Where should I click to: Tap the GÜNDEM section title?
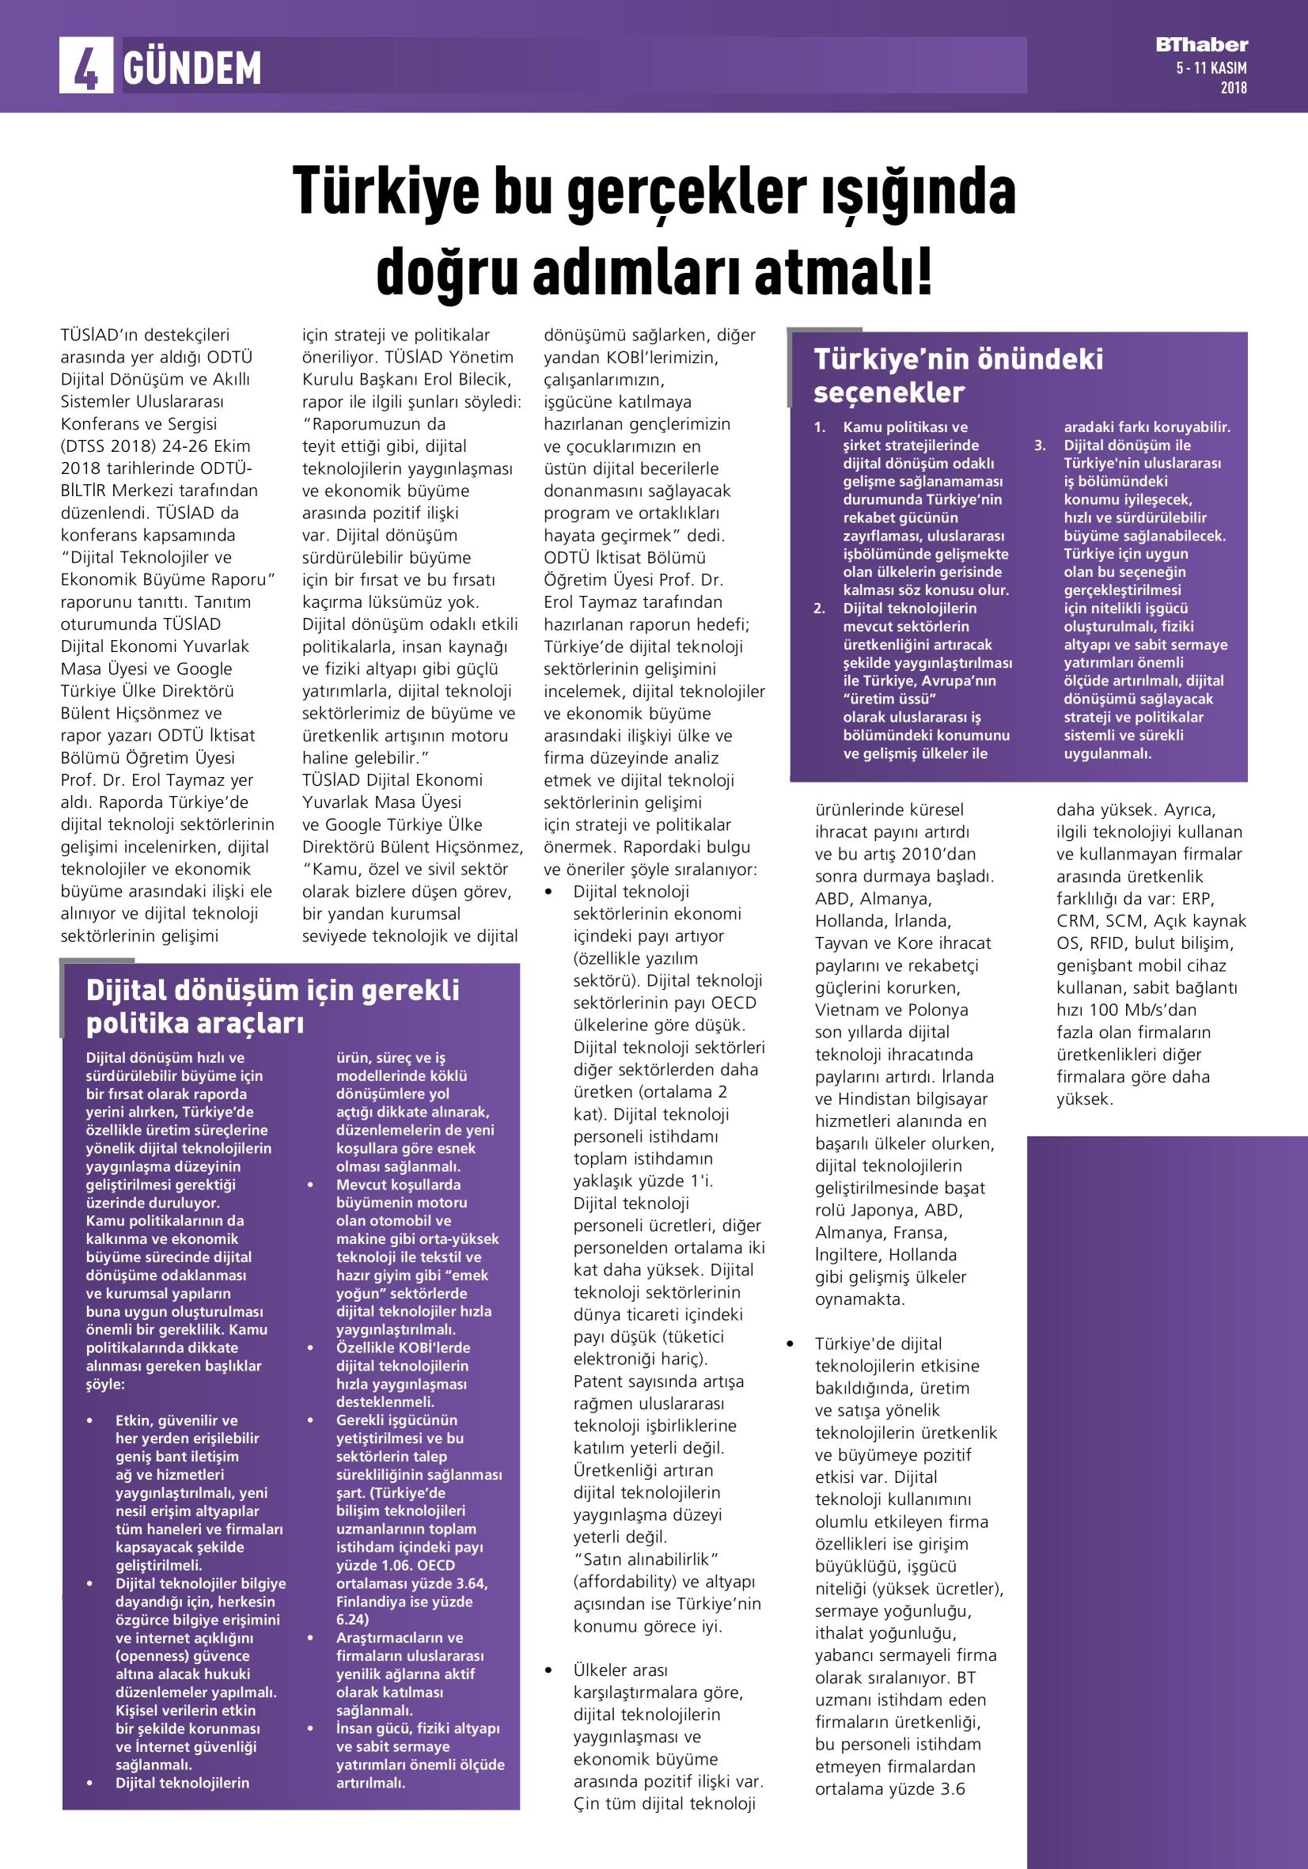pos(192,68)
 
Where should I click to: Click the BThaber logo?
pos(1201,46)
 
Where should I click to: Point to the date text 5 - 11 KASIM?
pos(1211,69)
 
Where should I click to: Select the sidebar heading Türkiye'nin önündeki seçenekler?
pos(958,375)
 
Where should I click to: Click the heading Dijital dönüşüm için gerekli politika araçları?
pos(273,1007)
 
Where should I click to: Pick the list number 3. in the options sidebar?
pos(1041,445)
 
